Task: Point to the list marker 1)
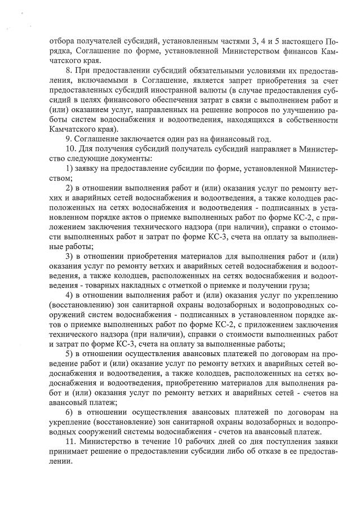point(70,168)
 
